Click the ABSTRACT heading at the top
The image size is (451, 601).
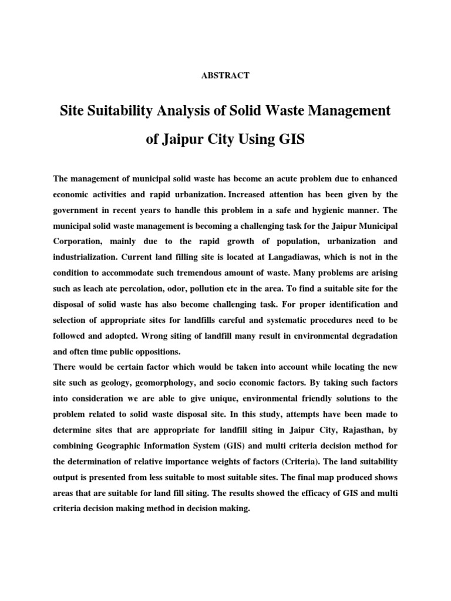click(225, 75)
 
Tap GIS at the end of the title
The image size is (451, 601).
click(289, 141)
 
